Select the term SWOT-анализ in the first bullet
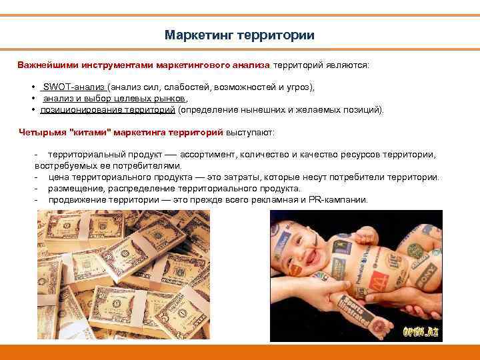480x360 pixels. coord(74,87)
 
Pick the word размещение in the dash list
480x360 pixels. coord(74,189)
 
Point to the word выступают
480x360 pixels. coord(254,132)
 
